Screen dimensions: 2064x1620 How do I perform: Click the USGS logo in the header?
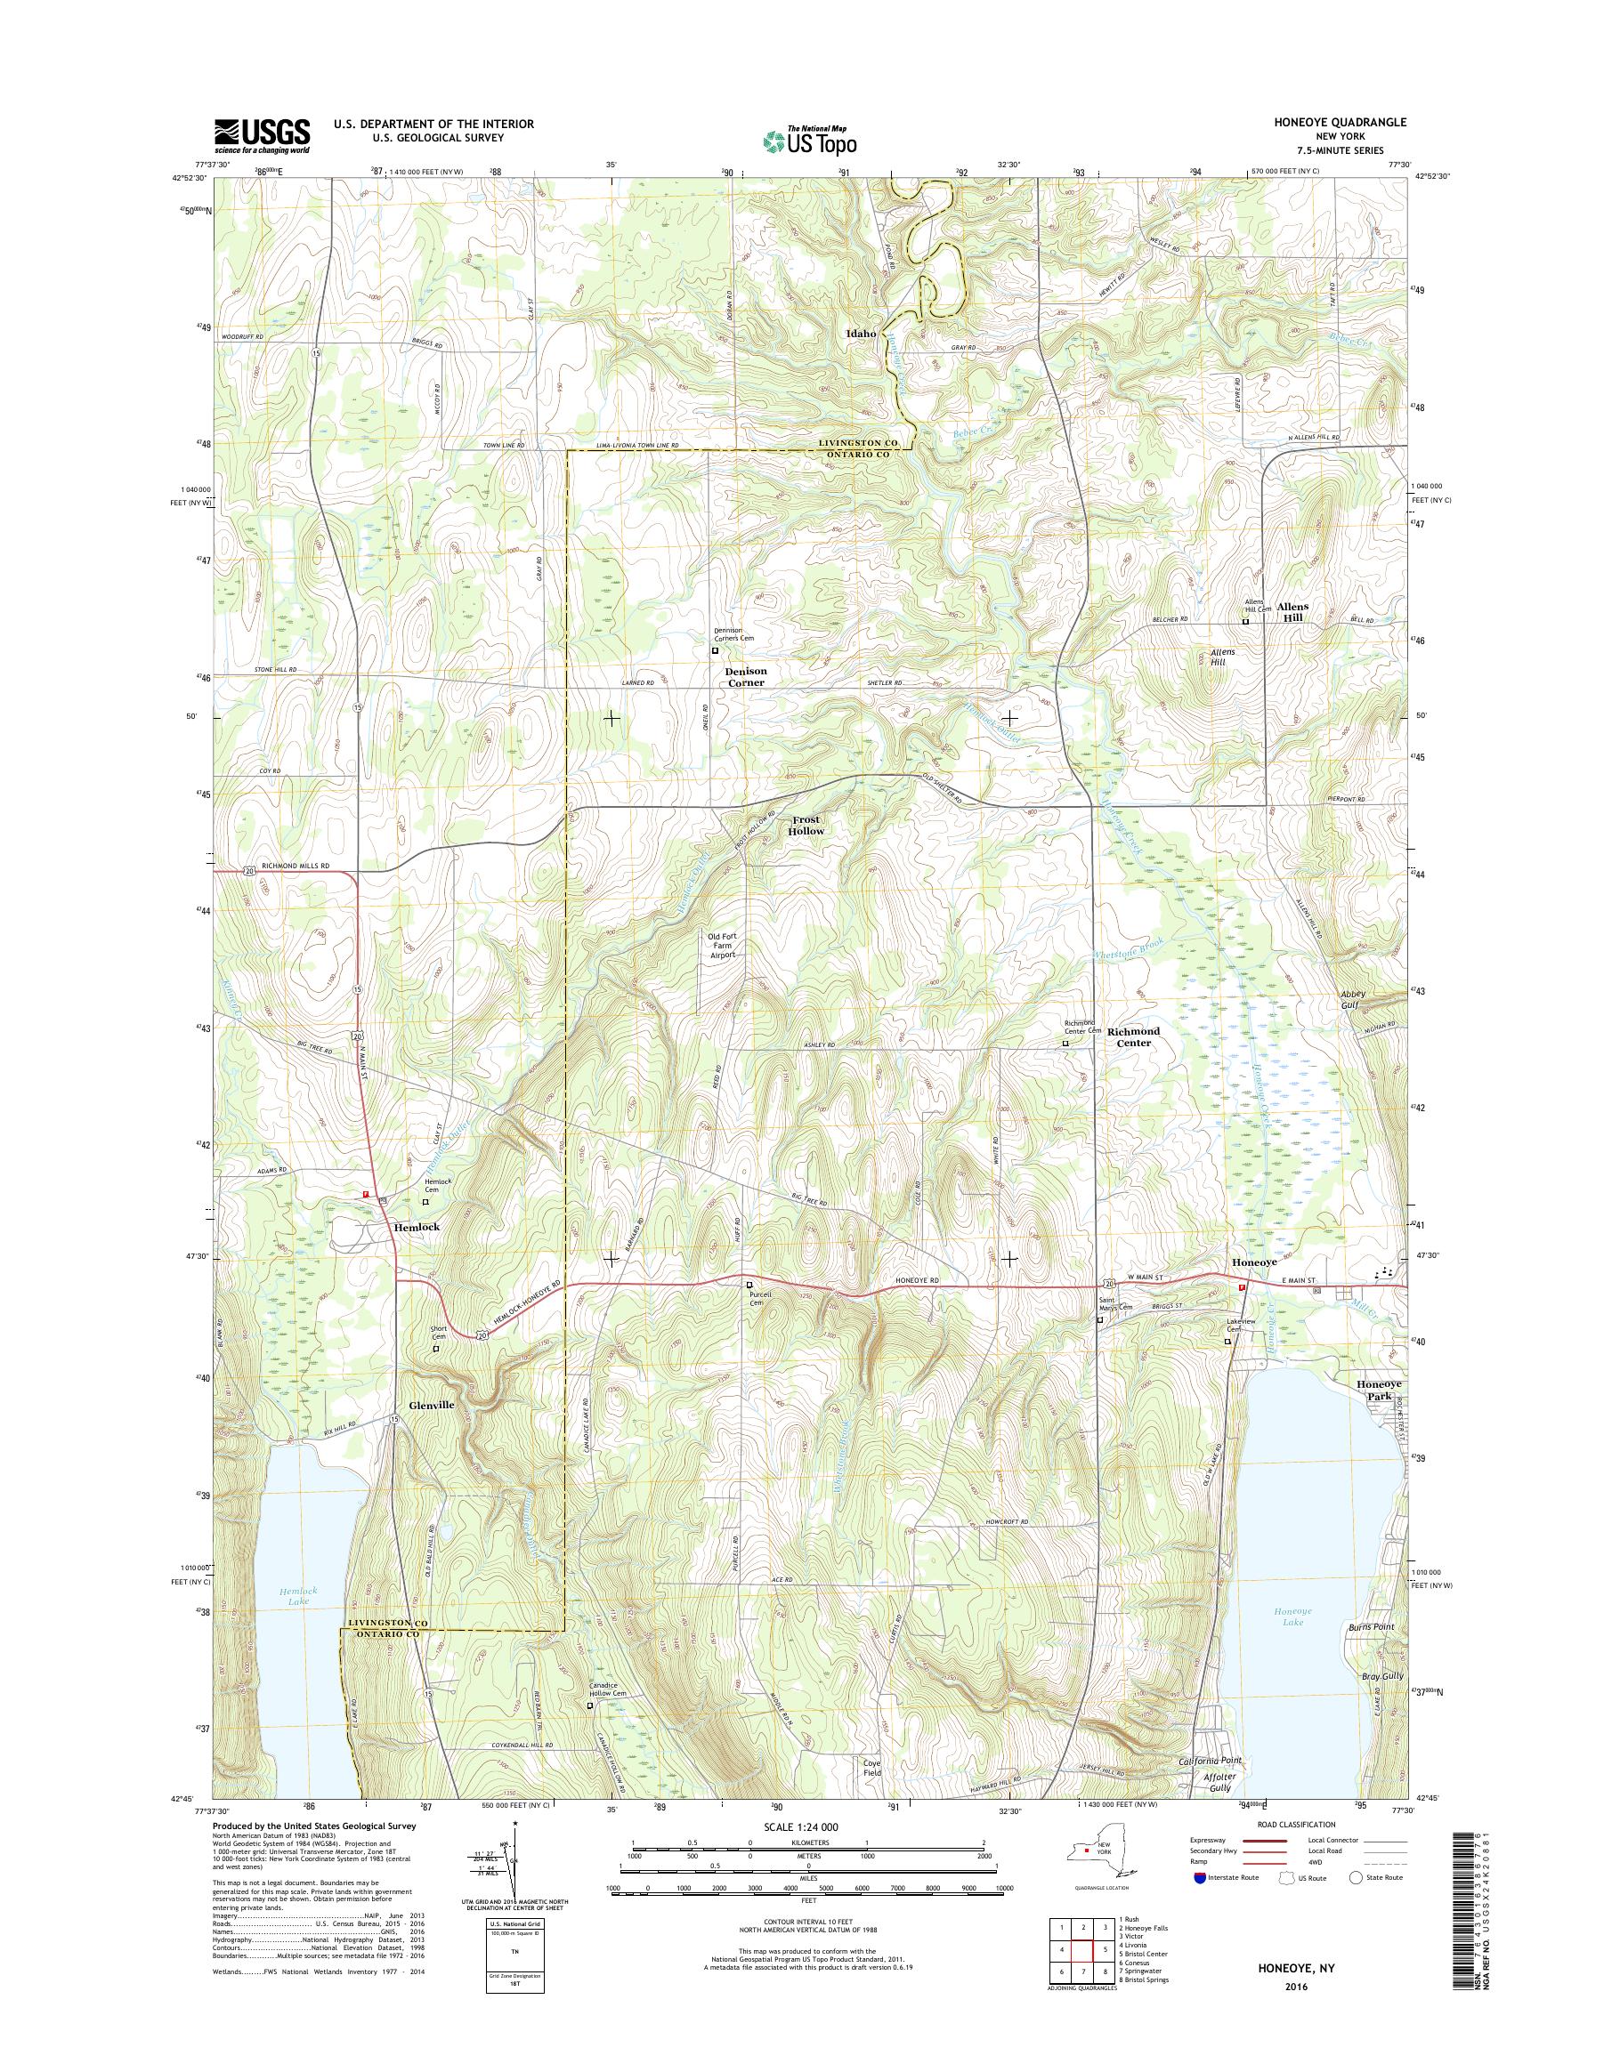point(263,135)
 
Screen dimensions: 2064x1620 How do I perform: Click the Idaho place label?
point(862,334)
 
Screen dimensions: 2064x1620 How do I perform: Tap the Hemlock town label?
point(417,1227)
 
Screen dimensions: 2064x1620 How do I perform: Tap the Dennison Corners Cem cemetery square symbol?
point(717,651)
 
